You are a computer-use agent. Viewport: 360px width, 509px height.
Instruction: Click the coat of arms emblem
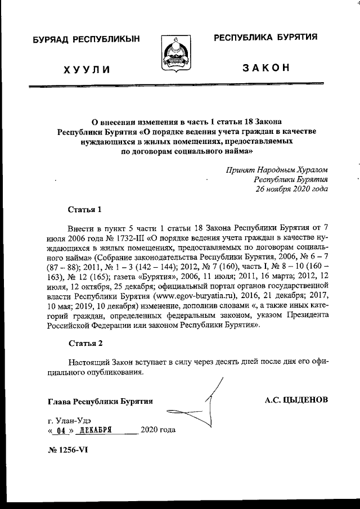(x=179, y=55)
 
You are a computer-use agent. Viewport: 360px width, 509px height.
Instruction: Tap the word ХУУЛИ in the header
(x=86, y=70)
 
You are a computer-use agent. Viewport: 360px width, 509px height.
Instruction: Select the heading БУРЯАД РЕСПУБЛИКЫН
(x=85, y=39)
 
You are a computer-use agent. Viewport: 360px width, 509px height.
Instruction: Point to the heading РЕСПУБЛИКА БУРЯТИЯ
(x=265, y=38)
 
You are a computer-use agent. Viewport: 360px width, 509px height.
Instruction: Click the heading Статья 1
(x=84, y=210)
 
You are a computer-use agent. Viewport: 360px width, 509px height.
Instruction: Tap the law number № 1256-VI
(x=68, y=449)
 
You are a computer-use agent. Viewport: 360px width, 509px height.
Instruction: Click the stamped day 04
(x=55, y=431)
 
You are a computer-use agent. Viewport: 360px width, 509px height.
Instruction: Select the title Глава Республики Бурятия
(x=100, y=400)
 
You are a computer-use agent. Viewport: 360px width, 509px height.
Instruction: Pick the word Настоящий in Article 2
(x=89, y=362)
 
